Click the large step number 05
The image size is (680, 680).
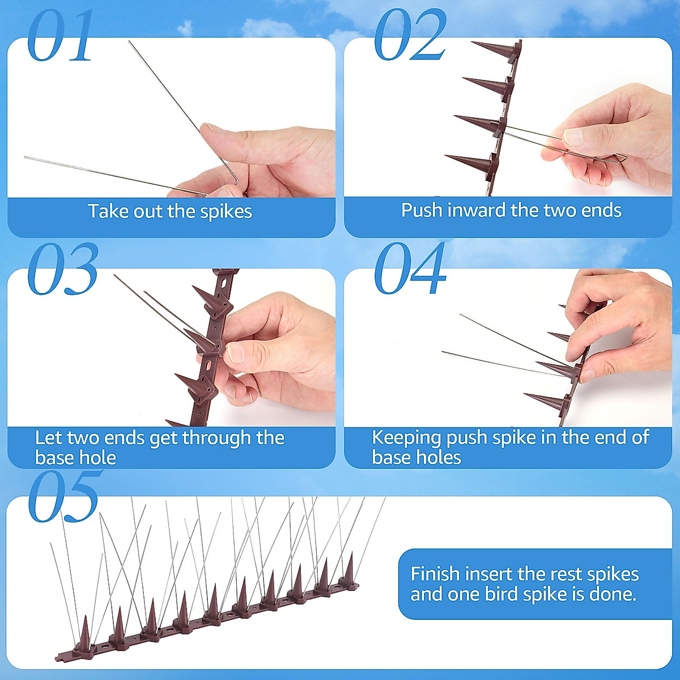[x=63, y=497]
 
